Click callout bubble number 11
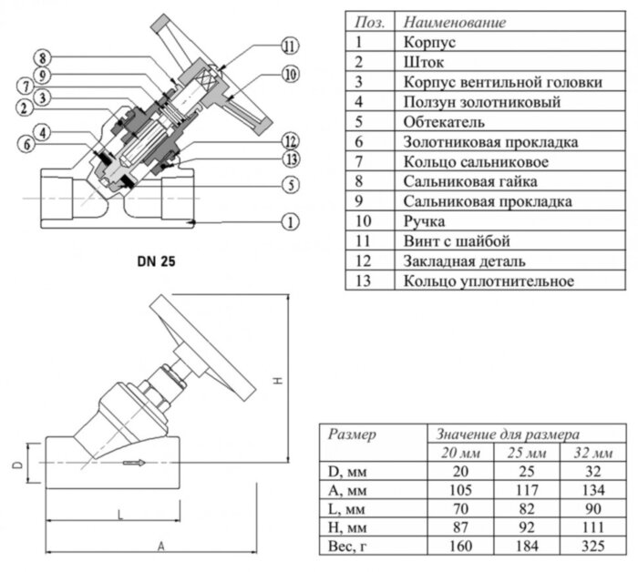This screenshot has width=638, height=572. [x=289, y=45]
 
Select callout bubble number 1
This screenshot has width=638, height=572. [x=290, y=221]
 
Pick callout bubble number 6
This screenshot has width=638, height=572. [x=26, y=144]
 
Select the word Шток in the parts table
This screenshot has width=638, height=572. [x=423, y=62]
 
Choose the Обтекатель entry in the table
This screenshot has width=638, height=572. [x=444, y=122]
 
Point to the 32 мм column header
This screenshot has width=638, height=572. [x=592, y=453]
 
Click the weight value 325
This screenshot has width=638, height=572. [x=592, y=546]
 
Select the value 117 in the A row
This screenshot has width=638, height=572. [x=527, y=490]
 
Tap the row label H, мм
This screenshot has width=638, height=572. [x=345, y=527]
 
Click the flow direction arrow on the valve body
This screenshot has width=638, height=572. [x=136, y=464]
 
